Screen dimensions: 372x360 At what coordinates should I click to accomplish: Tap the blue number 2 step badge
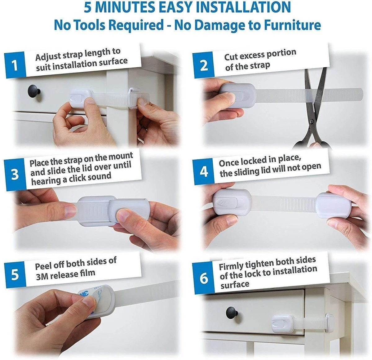coord(203,65)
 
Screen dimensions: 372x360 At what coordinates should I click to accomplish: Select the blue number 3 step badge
coord(15,175)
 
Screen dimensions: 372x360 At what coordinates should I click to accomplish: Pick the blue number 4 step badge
coord(204,172)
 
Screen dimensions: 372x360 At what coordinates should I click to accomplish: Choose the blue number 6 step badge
coord(204,278)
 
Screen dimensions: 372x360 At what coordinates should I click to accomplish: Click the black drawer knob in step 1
coord(34,90)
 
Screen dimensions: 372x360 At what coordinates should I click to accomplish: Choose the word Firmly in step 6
coord(231,266)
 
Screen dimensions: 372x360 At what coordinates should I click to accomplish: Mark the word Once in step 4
coord(229,162)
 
